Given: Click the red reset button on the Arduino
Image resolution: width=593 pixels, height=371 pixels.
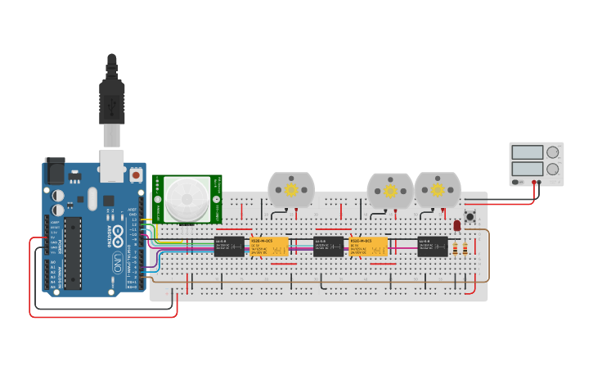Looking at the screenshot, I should click(135, 175).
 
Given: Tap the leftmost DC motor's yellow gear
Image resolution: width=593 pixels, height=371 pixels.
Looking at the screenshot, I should click(291, 190).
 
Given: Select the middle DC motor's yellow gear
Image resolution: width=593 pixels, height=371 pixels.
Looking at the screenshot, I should click(390, 191).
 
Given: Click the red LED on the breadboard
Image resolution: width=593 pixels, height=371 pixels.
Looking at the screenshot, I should click(457, 225).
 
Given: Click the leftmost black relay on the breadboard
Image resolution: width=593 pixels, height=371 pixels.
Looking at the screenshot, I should click(228, 246).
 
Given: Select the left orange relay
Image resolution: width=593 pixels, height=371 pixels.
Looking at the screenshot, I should click(269, 246).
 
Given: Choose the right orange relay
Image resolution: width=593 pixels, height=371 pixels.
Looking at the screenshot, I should click(368, 246).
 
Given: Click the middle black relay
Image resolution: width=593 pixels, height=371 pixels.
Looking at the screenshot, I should click(328, 246).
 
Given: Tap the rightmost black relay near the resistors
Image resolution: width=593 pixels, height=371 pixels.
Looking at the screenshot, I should click(432, 246).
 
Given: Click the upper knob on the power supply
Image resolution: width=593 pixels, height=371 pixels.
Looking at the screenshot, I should click(553, 152).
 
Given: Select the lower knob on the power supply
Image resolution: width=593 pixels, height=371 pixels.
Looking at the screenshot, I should click(553, 170).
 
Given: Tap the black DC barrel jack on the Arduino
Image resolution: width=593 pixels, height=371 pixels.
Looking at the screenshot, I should click(54, 170).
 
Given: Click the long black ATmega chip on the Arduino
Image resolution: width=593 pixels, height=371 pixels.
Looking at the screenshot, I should click(73, 254).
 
